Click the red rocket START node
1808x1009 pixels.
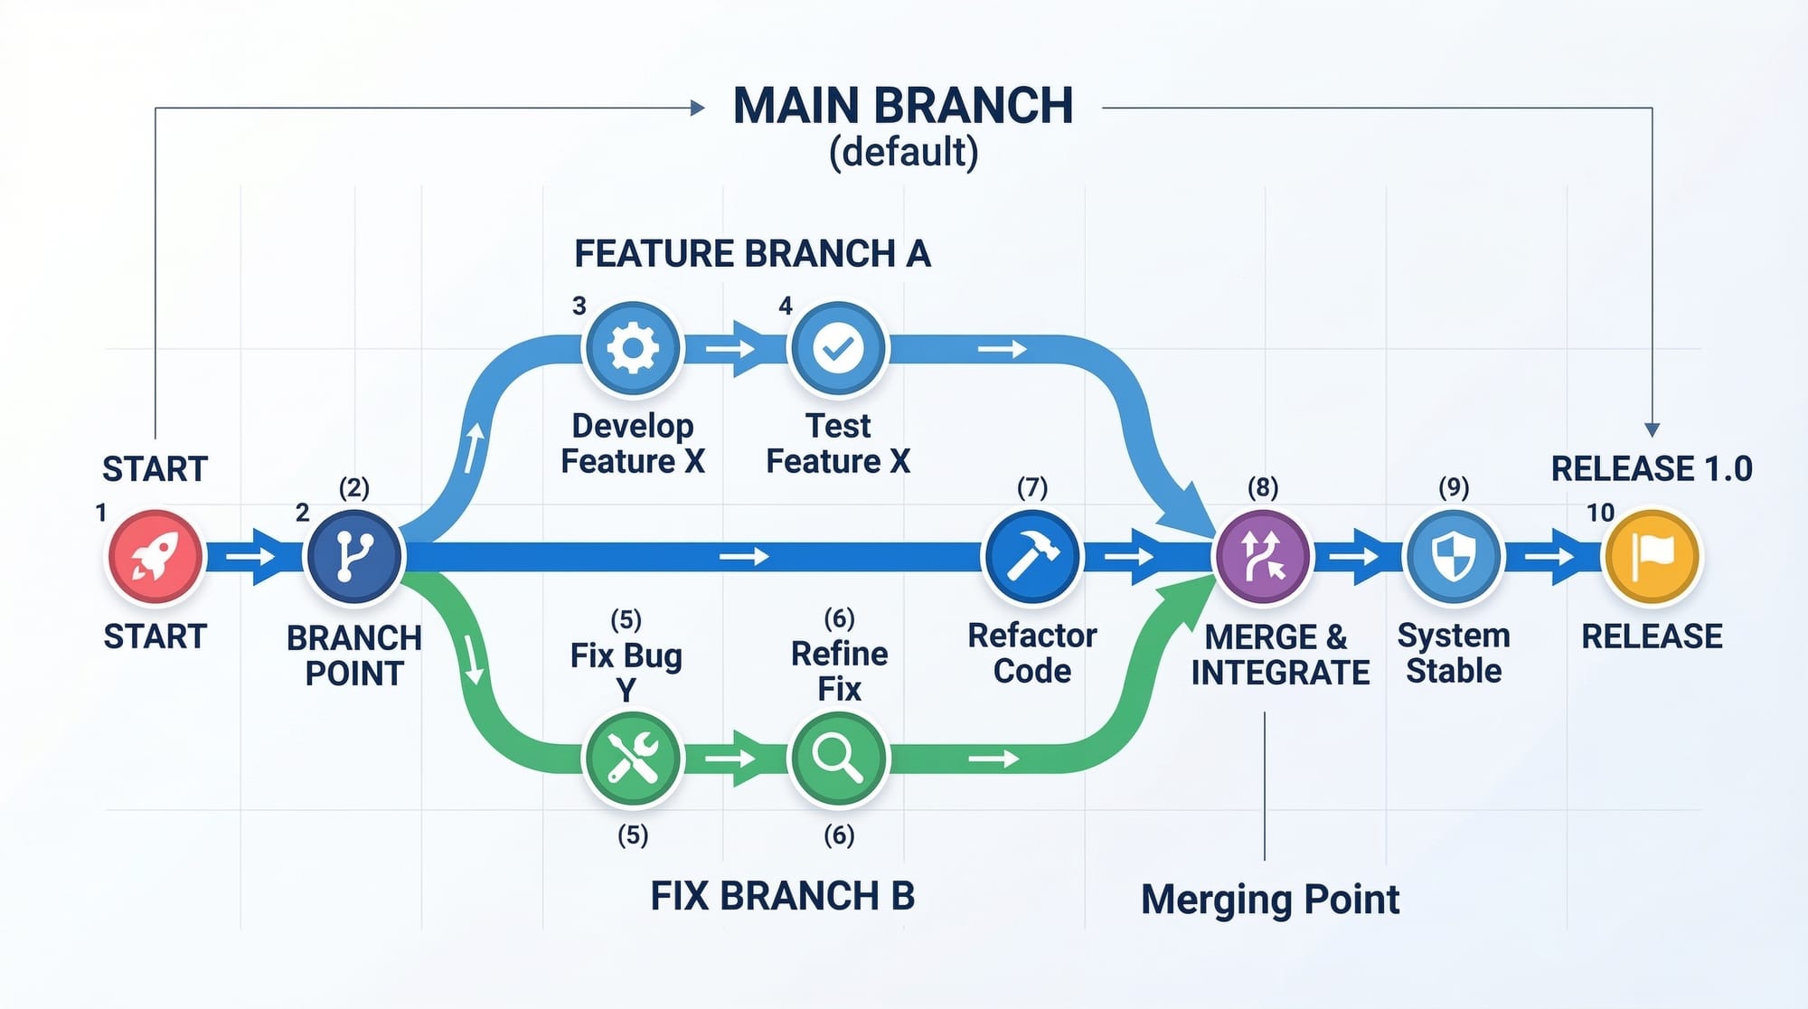(155, 556)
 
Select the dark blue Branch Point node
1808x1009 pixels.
(354, 556)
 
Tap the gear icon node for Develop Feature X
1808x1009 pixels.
(633, 348)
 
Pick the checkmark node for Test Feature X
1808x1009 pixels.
(838, 348)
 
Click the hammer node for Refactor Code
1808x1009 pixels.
(1032, 556)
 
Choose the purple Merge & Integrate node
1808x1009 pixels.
(1263, 556)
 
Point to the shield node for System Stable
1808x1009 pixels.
(1454, 556)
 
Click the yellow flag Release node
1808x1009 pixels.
(1652, 556)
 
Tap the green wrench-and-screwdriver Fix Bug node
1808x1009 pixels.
(633, 758)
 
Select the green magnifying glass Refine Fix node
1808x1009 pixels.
(838, 758)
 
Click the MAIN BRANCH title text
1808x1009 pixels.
(903, 106)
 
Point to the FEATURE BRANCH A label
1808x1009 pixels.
(752, 254)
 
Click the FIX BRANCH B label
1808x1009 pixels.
(783, 896)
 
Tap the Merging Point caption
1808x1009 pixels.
(1270, 900)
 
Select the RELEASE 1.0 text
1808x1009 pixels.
(1652, 469)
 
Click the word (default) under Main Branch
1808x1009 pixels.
(903, 152)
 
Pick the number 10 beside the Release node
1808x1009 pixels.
(1600, 513)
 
